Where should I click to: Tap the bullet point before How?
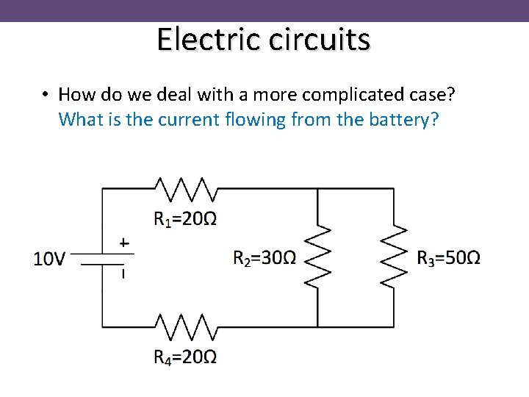click(x=46, y=95)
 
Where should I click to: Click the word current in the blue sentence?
click(x=189, y=119)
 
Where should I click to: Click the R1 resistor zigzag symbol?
click(x=184, y=189)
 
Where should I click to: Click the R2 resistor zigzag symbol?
click(x=317, y=257)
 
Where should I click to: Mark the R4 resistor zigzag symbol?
click(x=184, y=326)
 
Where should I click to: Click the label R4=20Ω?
click(x=185, y=357)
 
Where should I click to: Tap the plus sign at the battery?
click(x=123, y=242)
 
